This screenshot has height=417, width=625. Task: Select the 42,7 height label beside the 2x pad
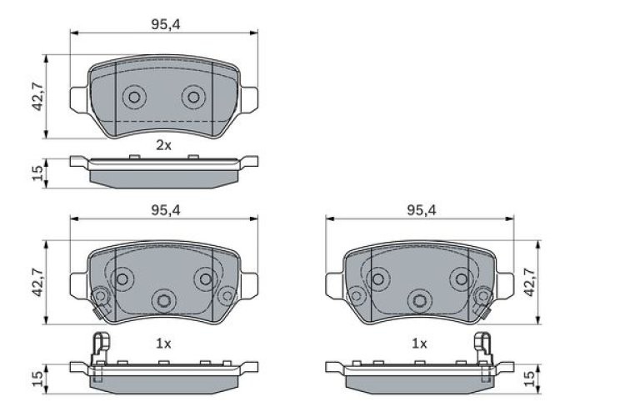(36, 98)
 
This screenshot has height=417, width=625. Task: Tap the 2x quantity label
(163, 145)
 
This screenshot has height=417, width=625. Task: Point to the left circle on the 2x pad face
(133, 98)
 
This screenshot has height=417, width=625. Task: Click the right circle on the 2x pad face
(193, 98)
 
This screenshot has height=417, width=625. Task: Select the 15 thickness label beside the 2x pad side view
(36, 173)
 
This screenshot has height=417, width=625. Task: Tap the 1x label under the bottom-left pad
(163, 343)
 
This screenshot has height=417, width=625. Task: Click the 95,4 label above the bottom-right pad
(421, 210)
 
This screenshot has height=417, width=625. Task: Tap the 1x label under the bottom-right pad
(419, 343)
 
